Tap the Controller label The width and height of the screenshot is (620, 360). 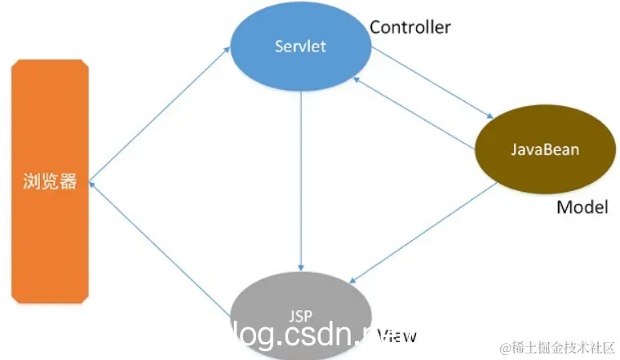410,27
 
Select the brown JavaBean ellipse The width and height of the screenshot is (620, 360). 545,150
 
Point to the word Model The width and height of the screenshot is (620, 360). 582,207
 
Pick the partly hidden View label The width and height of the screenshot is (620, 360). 399,335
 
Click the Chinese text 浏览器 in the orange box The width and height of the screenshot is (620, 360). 49,181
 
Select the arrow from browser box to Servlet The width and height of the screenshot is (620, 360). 159,114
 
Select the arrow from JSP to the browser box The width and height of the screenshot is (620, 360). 159,249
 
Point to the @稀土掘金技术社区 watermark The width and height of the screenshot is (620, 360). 558,348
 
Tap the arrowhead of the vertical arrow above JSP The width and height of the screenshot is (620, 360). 301,267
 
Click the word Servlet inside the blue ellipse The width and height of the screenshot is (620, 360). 300,46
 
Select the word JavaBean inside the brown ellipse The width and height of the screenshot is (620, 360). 545,150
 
